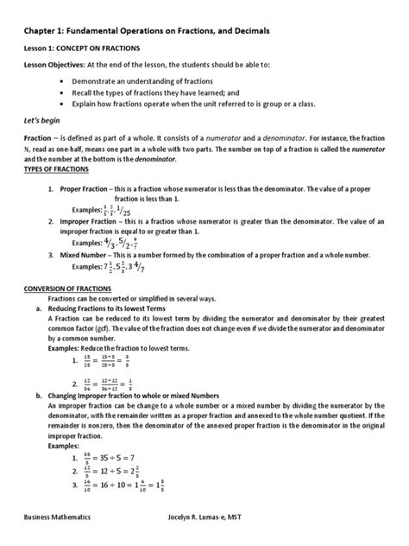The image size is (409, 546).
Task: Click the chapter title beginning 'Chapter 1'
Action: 146,30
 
